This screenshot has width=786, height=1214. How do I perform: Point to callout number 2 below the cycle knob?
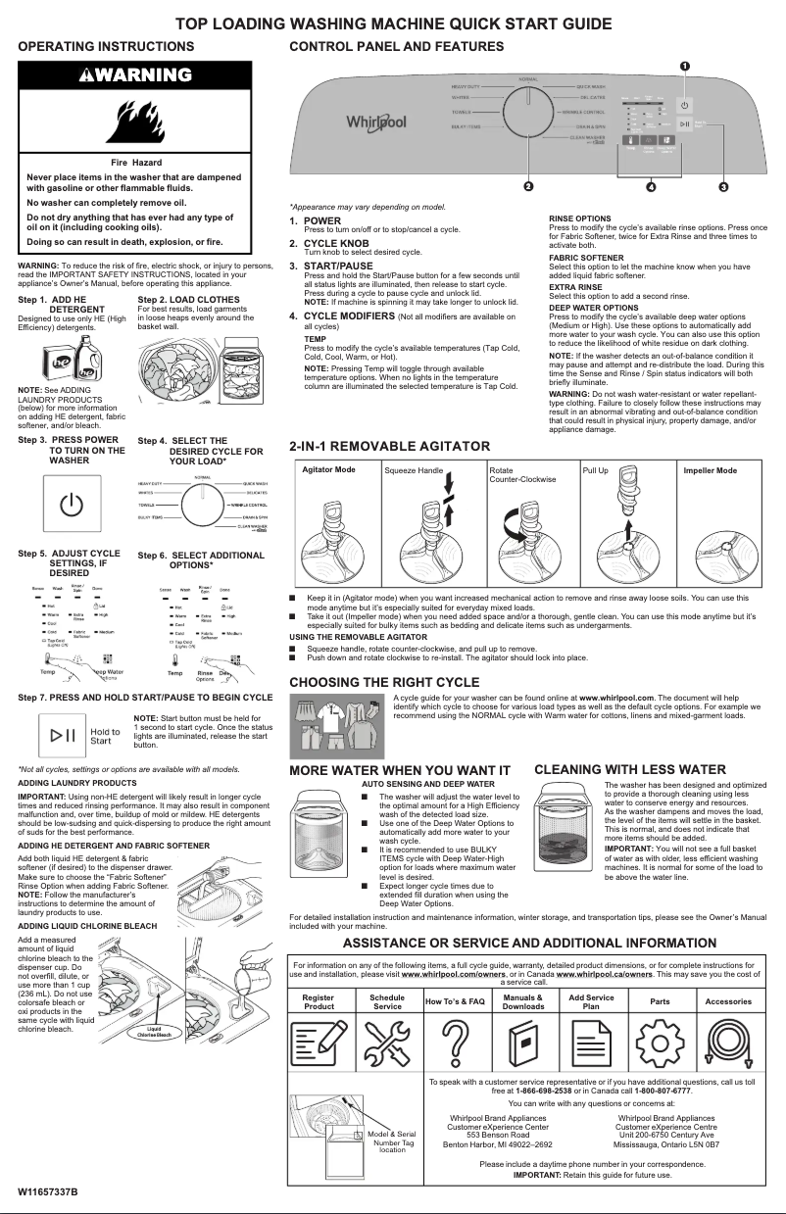pyautogui.click(x=527, y=185)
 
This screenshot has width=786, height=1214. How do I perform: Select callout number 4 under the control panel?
pyautogui.click(x=651, y=185)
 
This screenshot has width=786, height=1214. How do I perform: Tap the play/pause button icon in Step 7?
pyautogui.click(x=64, y=736)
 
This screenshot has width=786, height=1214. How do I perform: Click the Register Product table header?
pyautogui.click(x=319, y=1001)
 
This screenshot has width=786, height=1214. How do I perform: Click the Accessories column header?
pyautogui.click(x=727, y=1001)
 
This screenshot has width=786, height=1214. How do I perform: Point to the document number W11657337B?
pyautogui.click(x=47, y=1190)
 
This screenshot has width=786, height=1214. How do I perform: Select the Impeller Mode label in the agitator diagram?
pyautogui.click(x=711, y=470)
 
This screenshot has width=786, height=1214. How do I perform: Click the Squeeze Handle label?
pyautogui.click(x=414, y=470)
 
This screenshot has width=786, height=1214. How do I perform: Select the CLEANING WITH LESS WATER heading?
pyautogui.click(x=630, y=769)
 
